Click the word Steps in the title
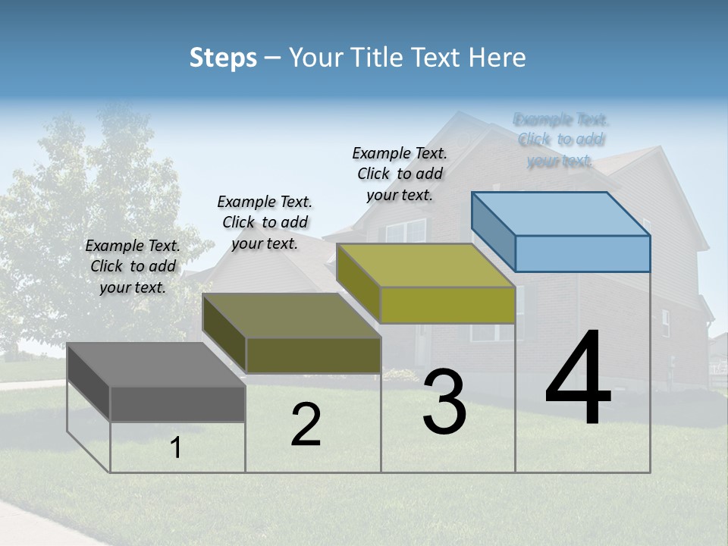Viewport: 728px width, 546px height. [x=223, y=58]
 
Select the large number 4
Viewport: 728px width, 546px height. [x=578, y=378]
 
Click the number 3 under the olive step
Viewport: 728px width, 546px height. [x=444, y=401]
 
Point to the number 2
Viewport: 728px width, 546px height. [x=306, y=424]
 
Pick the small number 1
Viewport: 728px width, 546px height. [x=176, y=447]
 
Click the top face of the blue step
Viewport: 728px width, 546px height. [x=561, y=213]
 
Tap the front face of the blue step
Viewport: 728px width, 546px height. [x=582, y=253]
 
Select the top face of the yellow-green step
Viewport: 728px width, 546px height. [x=426, y=265]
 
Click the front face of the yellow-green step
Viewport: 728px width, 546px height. [x=447, y=305]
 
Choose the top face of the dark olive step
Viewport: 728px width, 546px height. [x=292, y=315]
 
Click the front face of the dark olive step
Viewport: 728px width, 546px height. [x=313, y=354]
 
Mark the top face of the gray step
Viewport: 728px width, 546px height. [x=156, y=365]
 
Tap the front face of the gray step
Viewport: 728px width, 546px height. [x=177, y=403]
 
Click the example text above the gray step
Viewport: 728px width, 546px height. [x=133, y=266]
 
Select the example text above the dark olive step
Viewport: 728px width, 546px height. [x=265, y=222]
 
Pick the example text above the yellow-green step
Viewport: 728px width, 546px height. [x=400, y=174]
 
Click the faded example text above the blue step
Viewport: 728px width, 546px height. [x=560, y=140]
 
